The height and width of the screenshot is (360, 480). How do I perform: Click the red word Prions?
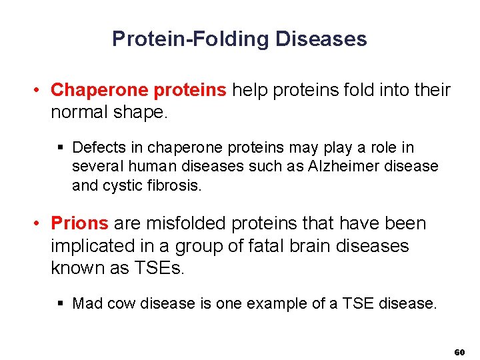[79, 223]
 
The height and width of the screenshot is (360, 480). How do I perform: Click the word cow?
[121, 304]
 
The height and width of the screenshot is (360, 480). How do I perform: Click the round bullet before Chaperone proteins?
[41, 90]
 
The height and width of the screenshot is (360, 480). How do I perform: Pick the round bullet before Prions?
[41, 223]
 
